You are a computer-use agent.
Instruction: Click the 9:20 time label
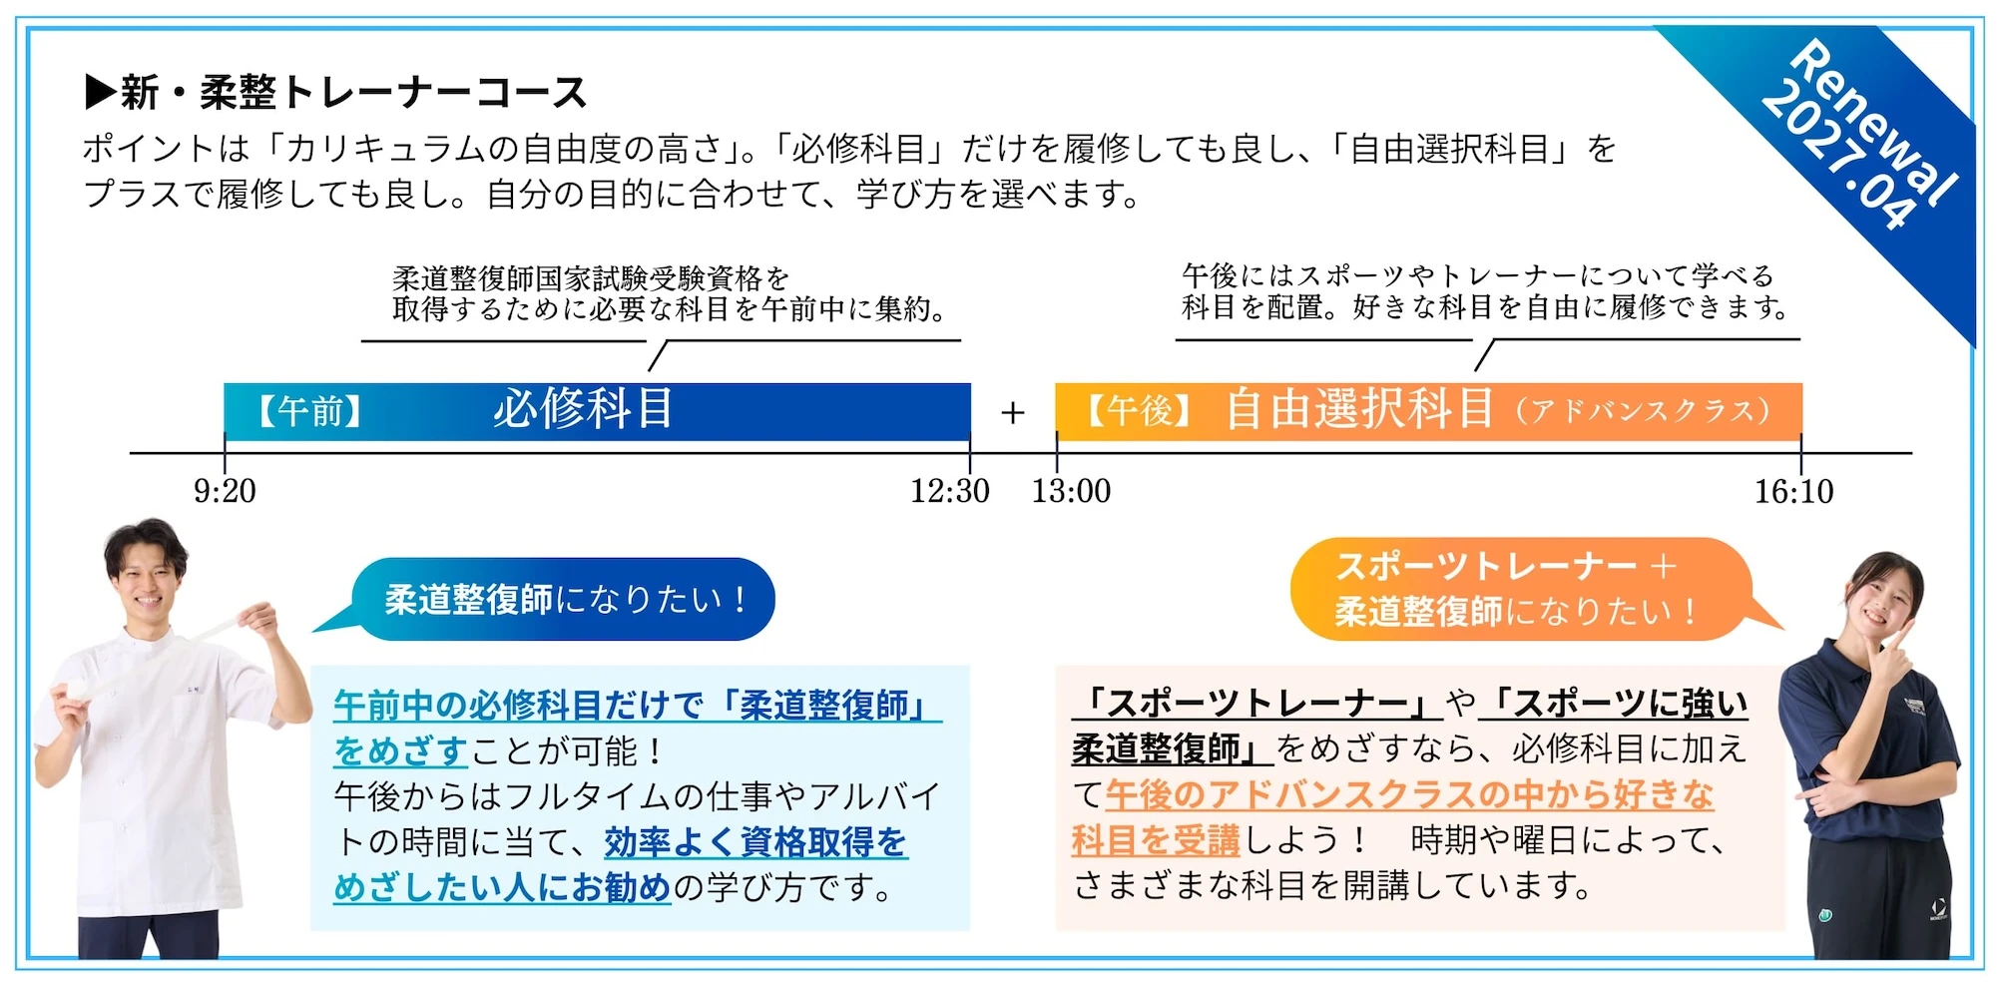(225, 491)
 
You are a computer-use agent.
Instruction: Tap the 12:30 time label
(949, 491)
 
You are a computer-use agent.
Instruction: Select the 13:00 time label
(1071, 491)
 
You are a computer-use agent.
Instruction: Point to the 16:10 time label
(1793, 491)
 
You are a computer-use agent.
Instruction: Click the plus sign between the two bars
(1013, 412)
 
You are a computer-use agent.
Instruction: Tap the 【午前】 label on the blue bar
(310, 411)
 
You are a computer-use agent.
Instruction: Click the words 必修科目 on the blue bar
(583, 409)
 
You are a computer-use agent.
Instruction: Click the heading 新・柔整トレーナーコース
(353, 93)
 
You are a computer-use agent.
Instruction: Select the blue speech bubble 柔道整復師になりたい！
(565, 599)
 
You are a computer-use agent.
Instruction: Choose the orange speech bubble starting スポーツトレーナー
(1517, 589)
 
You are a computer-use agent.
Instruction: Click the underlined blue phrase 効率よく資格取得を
(754, 842)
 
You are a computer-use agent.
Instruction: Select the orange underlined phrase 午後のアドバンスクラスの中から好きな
(1409, 794)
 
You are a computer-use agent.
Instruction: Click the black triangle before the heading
(100, 92)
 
